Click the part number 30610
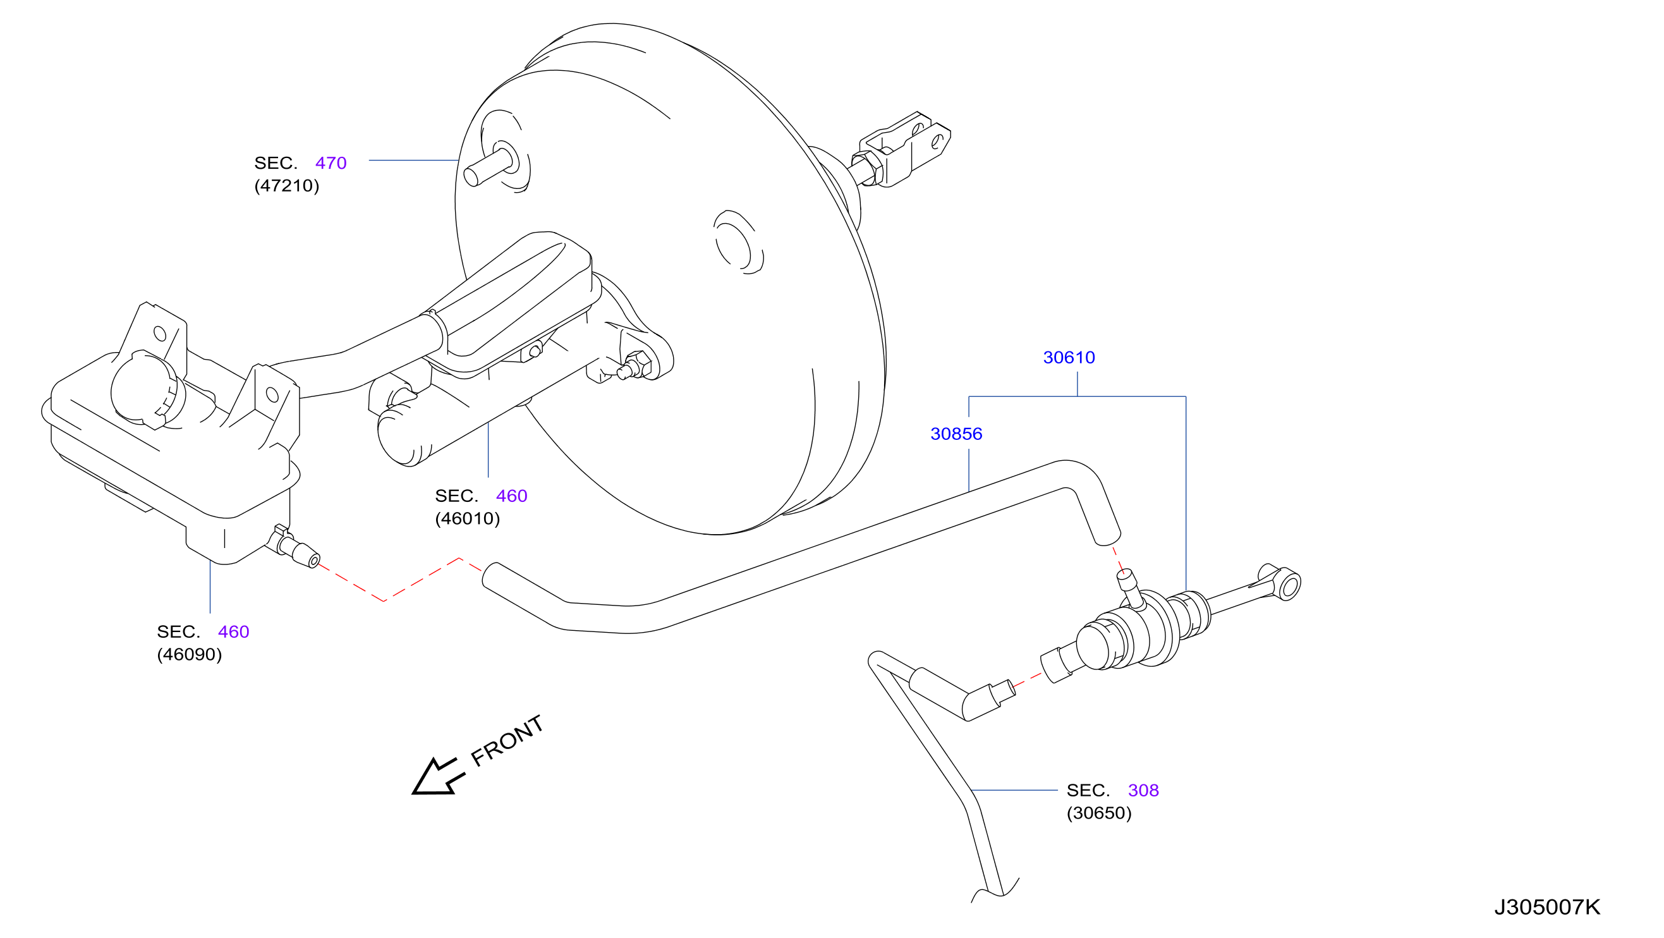[x=1069, y=357]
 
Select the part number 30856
[x=956, y=434]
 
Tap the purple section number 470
[x=331, y=163]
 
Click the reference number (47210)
[x=287, y=186]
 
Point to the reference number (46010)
[x=468, y=519]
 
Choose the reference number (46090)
[x=189, y=654]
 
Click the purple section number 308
[x=1143, y=790]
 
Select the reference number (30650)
[x=1100, y=813]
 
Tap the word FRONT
[x=507, y=741]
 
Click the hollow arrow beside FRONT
[x=438, y=776]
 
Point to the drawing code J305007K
[x=1547, y=907]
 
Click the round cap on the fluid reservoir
[x=148, y=389]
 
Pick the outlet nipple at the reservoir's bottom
[x=297, y=548]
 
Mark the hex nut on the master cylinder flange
[x=638, y=365]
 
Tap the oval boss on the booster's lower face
[x=738, y=243]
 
